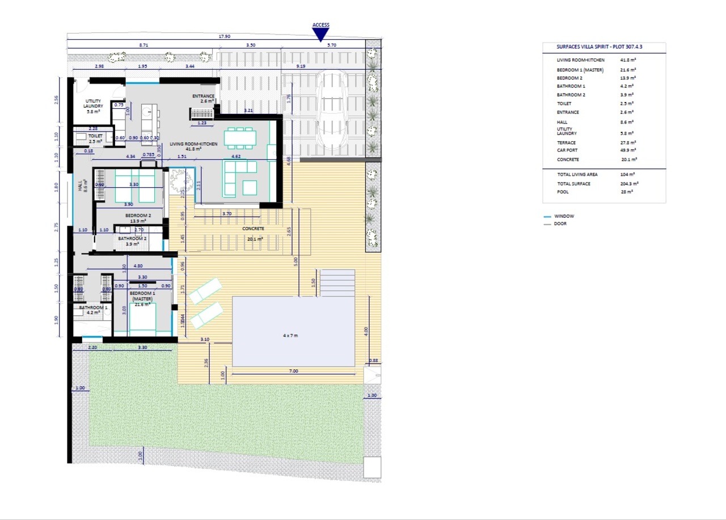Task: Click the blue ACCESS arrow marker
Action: (321, 35)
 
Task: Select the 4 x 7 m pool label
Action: (290, 336)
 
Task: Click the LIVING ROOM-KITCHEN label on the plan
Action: (193, 146)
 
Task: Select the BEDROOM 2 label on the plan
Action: (138, 218)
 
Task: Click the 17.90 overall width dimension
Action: (225, 36)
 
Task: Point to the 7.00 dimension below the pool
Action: (293, 371)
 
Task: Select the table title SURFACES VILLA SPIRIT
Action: (603, 48)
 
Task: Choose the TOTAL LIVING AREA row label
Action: (577, 175)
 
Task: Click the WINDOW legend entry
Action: (564, 216)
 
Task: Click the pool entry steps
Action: (338, 282)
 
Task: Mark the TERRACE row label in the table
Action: (566, 143)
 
